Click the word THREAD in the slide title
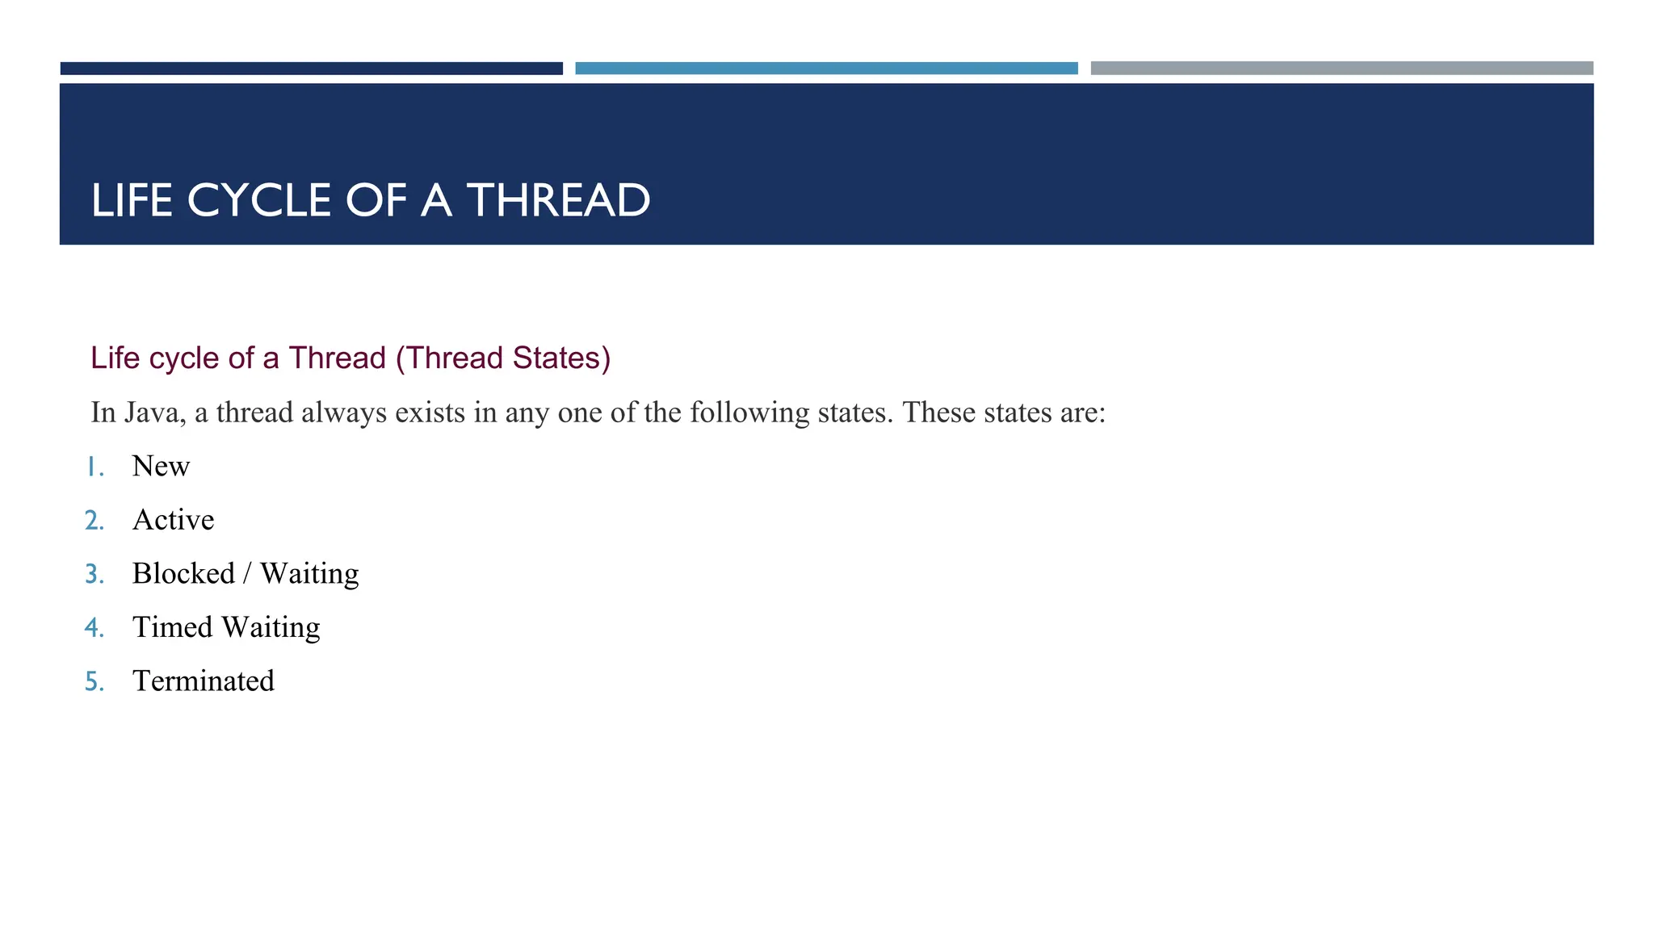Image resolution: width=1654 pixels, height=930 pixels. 558,200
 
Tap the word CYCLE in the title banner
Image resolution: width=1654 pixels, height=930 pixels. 258,200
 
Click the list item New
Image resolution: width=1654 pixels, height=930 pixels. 161,467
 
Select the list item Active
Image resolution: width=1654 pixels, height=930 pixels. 173,520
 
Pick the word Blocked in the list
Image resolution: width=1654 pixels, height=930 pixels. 183,574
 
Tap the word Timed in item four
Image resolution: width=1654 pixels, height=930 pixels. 172,627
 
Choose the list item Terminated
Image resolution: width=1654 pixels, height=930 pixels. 204,681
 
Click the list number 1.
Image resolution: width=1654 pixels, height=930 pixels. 95,467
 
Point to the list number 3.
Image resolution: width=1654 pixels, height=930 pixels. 94,574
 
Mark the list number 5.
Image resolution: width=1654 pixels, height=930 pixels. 94,682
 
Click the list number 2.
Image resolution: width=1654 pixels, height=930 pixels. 94,521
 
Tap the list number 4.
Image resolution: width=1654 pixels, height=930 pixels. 94,628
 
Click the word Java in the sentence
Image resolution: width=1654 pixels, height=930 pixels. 153,413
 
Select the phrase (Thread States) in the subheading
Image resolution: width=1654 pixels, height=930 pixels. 503,358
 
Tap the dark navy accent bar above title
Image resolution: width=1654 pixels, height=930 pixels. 311,69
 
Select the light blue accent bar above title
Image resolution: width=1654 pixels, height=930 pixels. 826,69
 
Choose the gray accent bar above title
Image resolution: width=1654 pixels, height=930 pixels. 1341,69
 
